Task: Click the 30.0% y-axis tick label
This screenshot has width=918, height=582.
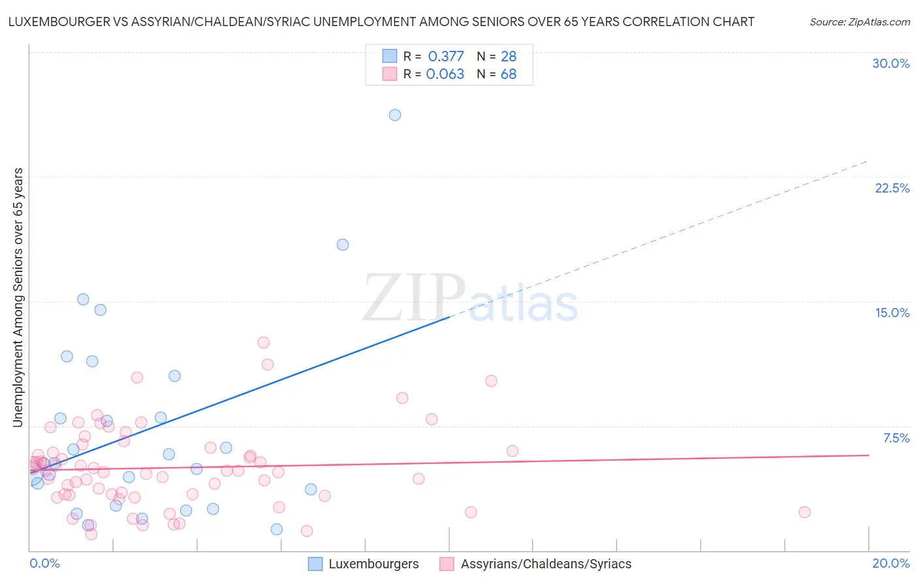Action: click(891, 63)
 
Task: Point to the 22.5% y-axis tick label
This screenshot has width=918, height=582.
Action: click(892, 188)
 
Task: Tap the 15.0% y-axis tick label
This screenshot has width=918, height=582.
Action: click(892, 313)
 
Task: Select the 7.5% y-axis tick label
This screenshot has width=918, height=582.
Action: click(896, 438)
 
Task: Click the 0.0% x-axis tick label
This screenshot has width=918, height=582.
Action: click(44, 563)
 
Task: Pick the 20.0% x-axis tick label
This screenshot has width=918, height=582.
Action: click(891, 563)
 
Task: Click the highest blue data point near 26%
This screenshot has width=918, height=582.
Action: click(395, 115)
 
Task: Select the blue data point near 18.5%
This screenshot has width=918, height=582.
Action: click(343, 245)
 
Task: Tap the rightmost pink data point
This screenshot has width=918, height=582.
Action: click(804, 512)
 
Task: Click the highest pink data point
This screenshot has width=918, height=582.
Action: click(264, 343)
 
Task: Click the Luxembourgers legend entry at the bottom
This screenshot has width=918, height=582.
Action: click(364, 564)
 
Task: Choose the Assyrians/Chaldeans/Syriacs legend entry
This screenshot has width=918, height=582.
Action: click(536, 564)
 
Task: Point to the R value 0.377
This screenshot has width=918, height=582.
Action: click(446, 56)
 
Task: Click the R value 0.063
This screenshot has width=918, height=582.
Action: click(445, 74)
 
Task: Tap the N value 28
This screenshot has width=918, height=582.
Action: click(509, 56)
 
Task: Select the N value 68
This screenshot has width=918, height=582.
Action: click(509, 74)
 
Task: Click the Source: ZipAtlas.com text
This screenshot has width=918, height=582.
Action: click(859, 22)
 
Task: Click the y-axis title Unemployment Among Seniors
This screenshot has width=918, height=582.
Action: click(18, 298)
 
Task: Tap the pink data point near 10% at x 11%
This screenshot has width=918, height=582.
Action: click(492, 381)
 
